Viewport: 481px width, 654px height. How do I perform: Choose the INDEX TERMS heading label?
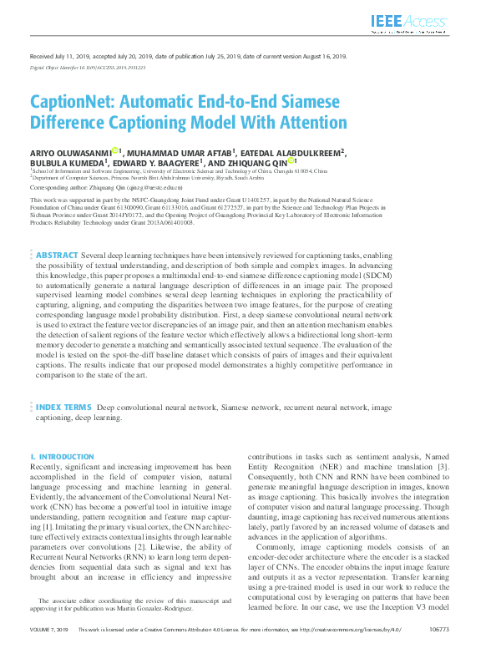tap(63, 408)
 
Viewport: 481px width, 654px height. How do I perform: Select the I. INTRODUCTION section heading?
tap(62, 457)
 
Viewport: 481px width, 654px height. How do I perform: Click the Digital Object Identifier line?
tap(88, 67)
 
